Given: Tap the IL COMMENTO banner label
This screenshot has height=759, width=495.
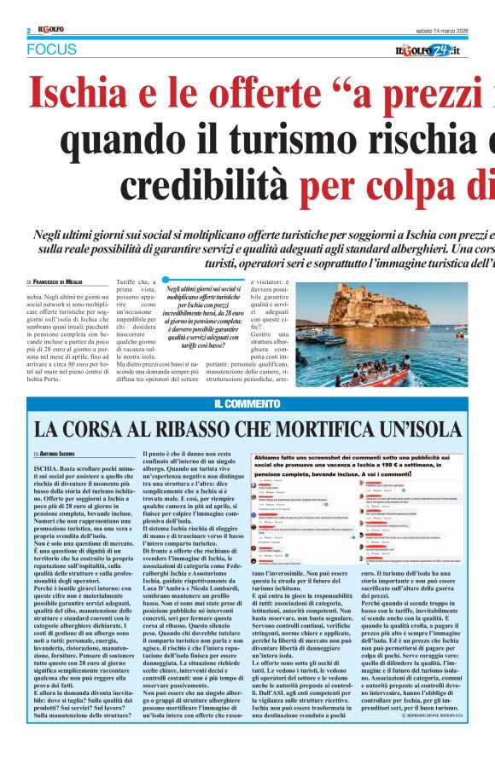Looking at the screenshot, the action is tap(247, 403).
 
